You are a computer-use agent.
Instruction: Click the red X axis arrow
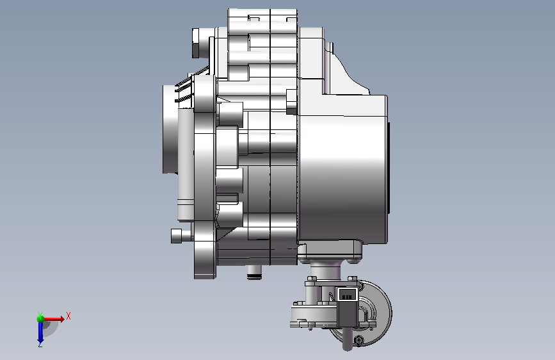click(53, 319)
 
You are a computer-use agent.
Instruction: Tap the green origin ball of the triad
click(40, 319)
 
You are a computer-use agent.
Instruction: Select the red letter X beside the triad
click(68, 316)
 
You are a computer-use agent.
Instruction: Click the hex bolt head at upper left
click(196, 43)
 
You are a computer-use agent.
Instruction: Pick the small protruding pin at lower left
click(177, 236)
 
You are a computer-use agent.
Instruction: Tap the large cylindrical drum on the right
click(342, 170)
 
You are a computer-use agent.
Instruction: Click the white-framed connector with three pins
click(347, 294)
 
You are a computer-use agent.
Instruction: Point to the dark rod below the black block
click(348, 339)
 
